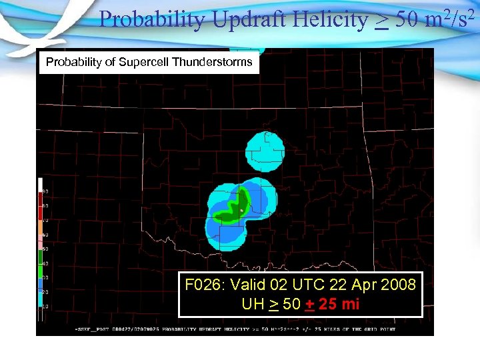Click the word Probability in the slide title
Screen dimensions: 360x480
click(152, 20)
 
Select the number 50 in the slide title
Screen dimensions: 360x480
click(407, 20)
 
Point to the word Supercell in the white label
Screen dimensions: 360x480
click(144, 62)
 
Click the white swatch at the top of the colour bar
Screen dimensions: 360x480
click(41, 184)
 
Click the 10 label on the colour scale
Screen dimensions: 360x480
click(46, 306)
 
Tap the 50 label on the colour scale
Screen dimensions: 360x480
click(46, 249)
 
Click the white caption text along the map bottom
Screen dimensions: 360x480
click(233, 329)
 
